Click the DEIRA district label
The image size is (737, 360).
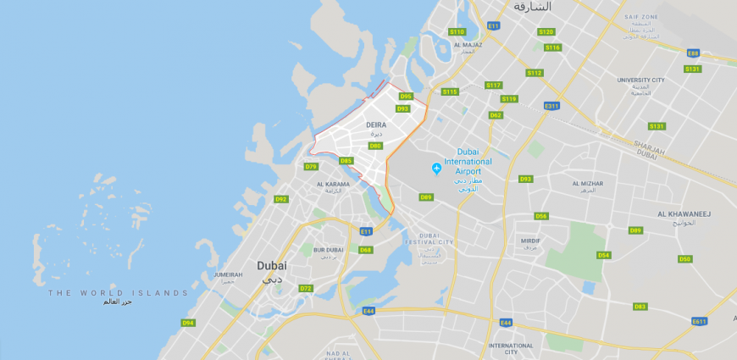click(376, 125)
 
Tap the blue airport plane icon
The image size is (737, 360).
click(436, 169)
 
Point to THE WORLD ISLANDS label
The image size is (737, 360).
click(119, 293)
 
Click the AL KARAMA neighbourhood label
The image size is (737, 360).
click(333, 184)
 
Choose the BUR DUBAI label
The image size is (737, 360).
click(328, 250)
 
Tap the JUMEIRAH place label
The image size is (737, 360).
click(229, 275)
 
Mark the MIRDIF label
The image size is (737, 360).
click(530, 241)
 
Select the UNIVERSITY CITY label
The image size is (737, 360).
click(640, 80)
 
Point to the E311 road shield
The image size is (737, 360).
click(551, 106)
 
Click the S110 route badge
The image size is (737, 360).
click(457, 31)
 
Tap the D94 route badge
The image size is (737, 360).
click(188, 323)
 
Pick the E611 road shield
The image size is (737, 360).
click(699, 321)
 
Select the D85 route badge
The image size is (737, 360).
click(346, 161)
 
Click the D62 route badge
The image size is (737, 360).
click(496, 115)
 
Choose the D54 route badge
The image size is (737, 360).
click(603, 255)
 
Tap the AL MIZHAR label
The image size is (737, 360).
click(588, 183)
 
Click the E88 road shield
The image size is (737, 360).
click(693, 53)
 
